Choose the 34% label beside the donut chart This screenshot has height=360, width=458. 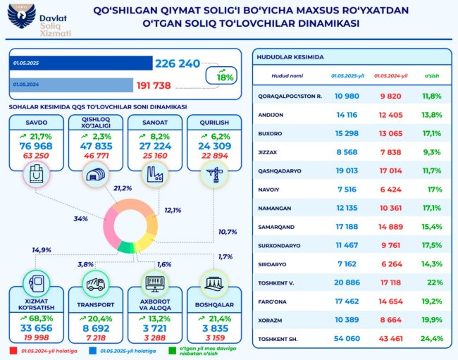(x=80, y=219)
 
